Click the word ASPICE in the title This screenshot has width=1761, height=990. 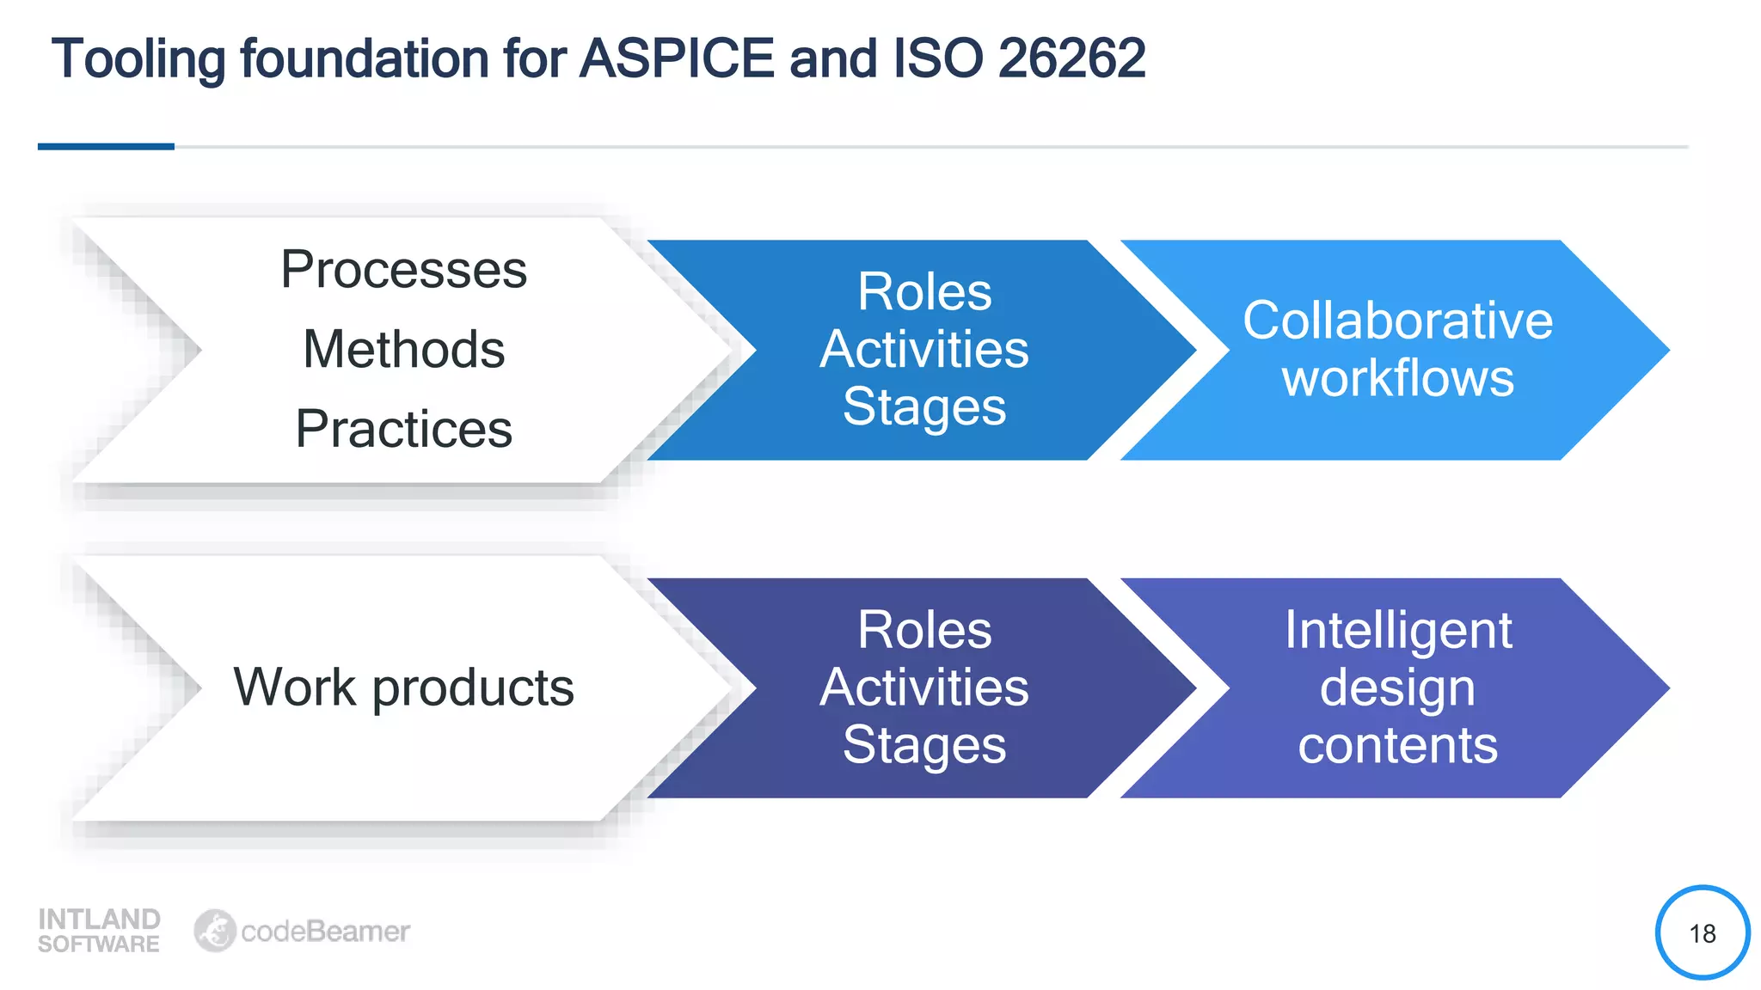point(677,58)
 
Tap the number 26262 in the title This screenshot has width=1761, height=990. point(1071,58)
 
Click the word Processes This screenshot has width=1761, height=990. point(403,269)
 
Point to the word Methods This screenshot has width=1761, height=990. point(403,349)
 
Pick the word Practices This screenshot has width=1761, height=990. point(403,428)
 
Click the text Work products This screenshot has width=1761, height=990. point(403,687)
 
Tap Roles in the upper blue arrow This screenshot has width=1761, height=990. point(924,291)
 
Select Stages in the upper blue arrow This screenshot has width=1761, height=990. point(924,406)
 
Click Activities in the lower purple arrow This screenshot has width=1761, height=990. point(924,687)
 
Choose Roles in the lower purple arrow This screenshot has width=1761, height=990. point(924,630)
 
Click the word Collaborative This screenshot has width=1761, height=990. point(1397,321)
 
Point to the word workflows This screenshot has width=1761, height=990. point(1397,378)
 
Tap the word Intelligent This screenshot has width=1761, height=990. point(1397,630)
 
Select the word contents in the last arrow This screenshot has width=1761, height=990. point(1397,745)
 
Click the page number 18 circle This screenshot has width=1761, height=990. point(1702,932)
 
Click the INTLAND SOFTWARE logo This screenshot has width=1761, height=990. point(99,931)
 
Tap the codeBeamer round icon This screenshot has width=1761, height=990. point(214,931)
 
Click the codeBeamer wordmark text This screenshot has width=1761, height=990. point(325,931)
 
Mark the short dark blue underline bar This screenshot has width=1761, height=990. point(106,147)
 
